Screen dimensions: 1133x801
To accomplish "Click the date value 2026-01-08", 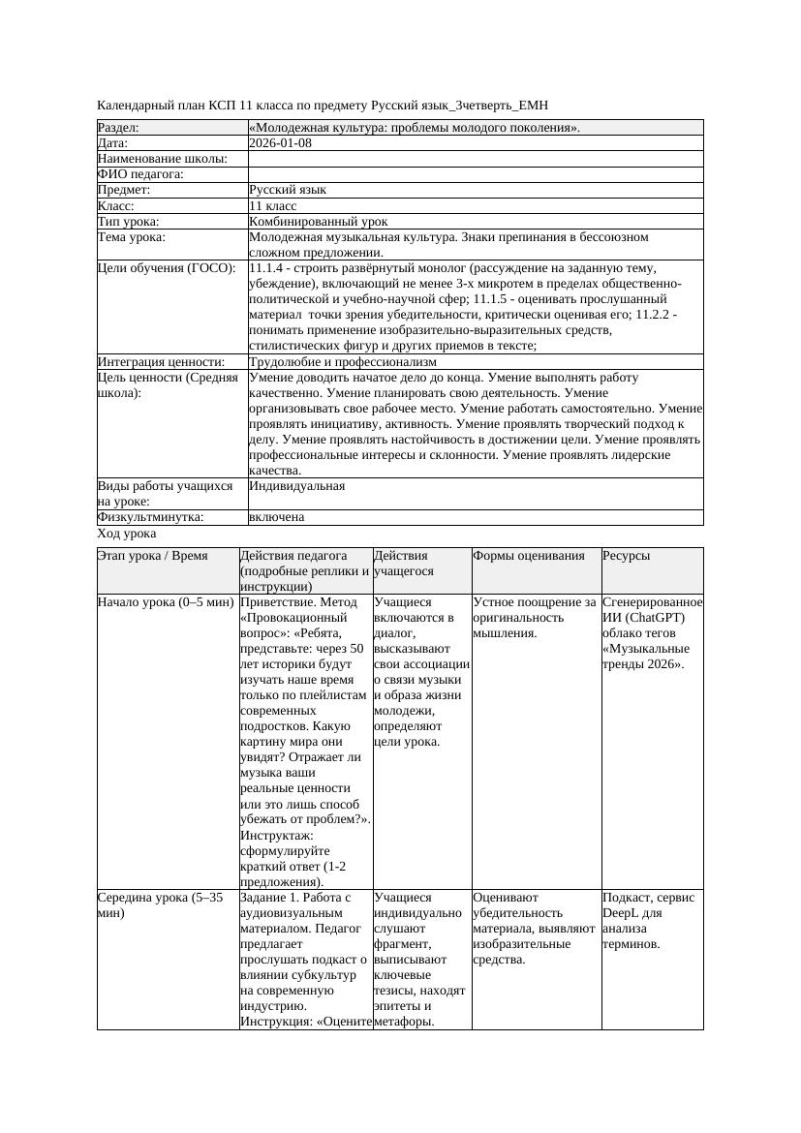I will [280, 143].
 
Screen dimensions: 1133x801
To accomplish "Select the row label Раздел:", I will [118, 128].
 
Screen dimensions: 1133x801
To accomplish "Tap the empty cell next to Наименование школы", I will [475, 159].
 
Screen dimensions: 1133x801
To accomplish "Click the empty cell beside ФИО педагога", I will [475, 174].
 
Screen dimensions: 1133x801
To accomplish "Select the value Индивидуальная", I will [296, 486].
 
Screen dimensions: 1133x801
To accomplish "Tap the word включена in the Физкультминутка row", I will [276, 517].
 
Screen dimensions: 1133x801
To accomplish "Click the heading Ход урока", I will [127, 534].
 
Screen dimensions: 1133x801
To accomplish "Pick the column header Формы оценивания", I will [529, 556].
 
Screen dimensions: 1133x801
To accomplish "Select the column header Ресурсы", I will [626, 556].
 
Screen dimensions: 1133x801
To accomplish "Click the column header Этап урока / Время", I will [153, 556].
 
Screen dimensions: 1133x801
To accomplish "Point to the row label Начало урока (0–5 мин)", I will [166, 602].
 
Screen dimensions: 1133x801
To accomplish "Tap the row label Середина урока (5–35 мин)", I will [160, 898].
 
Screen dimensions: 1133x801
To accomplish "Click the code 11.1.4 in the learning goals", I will [268, 268].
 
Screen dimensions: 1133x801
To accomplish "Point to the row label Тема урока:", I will [132, 237].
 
